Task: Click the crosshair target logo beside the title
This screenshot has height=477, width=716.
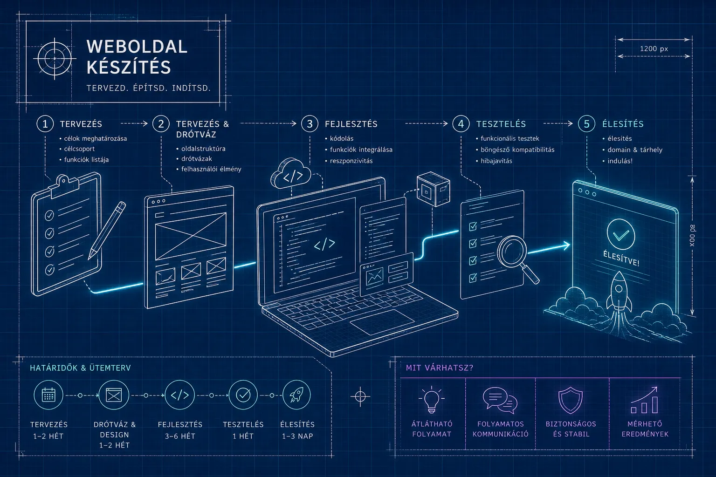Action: [x=55, y=59]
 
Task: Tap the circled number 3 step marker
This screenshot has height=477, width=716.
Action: [x=310, y=123]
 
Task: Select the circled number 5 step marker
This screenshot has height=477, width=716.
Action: [x=586, y=123]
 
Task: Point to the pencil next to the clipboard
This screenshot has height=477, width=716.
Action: [x=107, y=230]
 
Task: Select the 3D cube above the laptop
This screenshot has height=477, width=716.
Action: [x=434, y=189]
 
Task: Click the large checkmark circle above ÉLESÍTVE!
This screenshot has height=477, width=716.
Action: [x=621, y=234]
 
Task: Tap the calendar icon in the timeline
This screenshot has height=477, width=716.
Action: [x=48, y=395]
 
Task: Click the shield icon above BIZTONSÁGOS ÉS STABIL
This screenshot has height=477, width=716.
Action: [x=571, y=400]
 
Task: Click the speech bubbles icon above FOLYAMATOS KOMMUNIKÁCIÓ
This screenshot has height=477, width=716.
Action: [x=500, y=400]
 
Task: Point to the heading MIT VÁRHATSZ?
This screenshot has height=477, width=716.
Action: [x=440, y=368]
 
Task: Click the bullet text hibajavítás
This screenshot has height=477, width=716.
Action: [x=496, y=161]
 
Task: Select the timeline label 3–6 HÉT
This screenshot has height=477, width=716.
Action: [x=180, y=436]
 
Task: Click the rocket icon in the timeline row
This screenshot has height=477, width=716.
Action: [x=296, y=395]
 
